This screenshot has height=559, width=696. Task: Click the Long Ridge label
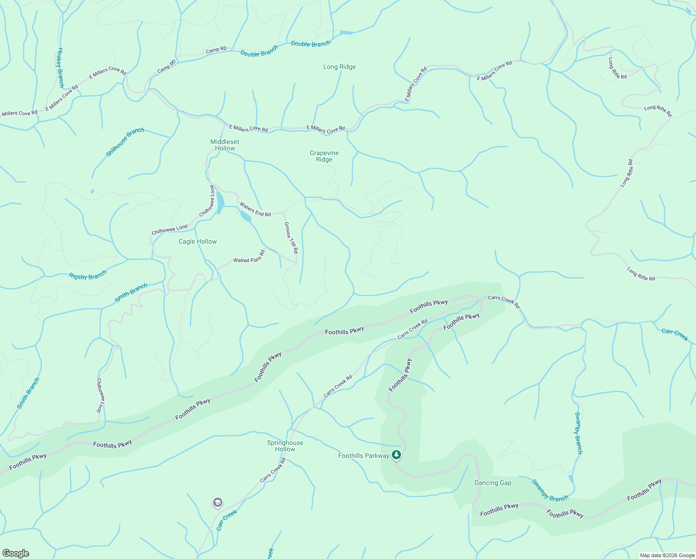coord(339,67)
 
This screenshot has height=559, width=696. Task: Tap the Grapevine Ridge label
coord(324,156)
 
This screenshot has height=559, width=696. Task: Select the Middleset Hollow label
coord(225,145)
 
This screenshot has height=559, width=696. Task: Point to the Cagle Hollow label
coord(198,241)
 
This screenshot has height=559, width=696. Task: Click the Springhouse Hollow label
coord(285,446)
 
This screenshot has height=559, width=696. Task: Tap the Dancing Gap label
coord(493,483)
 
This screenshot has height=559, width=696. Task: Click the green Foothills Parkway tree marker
coord(396,455)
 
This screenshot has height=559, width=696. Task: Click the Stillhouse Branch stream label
coord(125,142)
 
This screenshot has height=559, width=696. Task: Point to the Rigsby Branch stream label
coord(87,275)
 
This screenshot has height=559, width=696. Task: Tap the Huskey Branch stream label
coord(60,68)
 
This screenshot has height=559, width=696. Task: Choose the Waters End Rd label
coord(255,209)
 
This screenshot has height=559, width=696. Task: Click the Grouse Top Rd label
coord(291,238)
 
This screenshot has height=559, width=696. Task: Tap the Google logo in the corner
coord(15,553)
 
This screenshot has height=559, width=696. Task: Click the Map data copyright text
coord(667,555)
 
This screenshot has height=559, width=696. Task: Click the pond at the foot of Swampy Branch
coord(571,479)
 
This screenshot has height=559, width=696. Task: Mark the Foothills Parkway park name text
coord(363,456)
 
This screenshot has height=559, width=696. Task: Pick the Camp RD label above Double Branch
coord(216,49)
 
